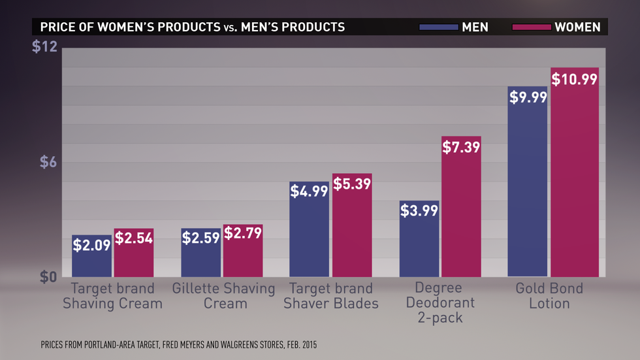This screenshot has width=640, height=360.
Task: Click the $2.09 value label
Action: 91,246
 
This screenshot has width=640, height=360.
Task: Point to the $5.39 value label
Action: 352,184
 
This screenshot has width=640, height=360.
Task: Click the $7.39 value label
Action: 461,147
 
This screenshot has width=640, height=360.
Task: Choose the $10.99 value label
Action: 575,79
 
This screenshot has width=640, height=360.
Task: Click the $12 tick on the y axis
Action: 45,48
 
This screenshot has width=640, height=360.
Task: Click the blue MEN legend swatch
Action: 440,27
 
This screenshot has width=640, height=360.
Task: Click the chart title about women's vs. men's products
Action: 193,27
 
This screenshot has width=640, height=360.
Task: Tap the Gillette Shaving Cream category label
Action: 224,296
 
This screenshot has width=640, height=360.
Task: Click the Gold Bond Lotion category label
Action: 549,296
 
